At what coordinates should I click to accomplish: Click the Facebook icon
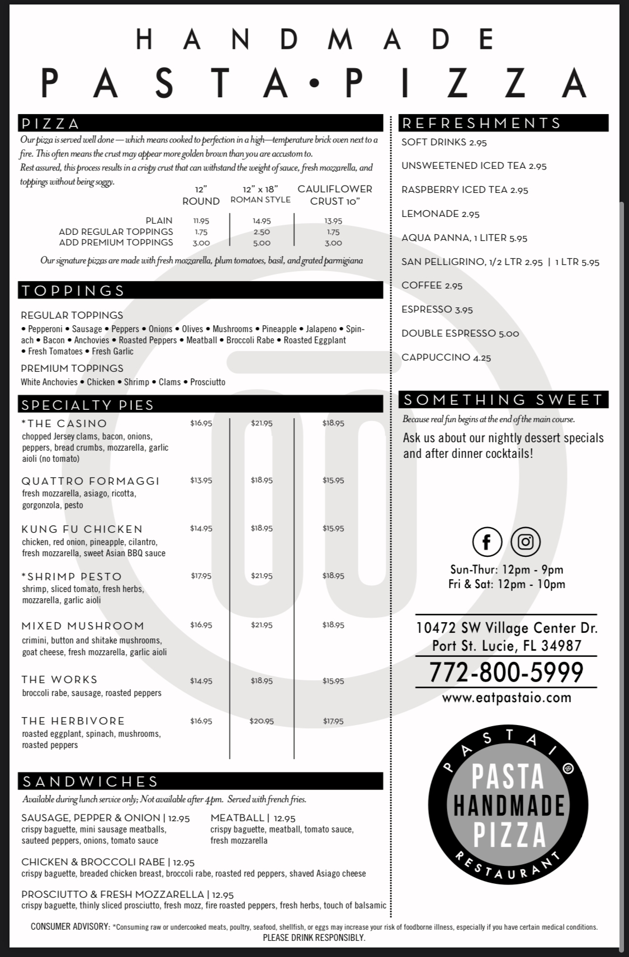(x=487, y=542)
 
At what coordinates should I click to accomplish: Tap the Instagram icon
(x=526, y=542)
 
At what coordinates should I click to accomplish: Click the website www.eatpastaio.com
(x=506, y=698)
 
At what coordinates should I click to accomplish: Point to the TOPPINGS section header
(x=73, y=290)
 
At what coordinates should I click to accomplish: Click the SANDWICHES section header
(x=90, y=781)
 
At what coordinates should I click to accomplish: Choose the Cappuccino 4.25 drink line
(x=446, y=357)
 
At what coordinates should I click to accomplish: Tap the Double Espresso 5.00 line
(x=460, y=333)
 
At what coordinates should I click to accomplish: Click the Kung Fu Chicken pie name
(x=82, y=529)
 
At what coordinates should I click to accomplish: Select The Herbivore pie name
(x=73, y=721)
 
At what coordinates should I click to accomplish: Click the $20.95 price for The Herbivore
(x=262, y=721)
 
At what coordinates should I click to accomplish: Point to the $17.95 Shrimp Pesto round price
(x=201, y=576)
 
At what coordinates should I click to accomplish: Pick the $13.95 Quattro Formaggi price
(x=201, y=480)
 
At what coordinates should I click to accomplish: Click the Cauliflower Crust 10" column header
(x=334, y=195)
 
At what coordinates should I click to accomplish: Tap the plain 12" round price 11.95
(x=201, y=221)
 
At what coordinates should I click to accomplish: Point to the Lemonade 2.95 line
(x=441, y=214)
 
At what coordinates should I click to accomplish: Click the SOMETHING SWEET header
(x=503, y=400)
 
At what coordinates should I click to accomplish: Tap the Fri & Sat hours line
(x=507, y=584)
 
